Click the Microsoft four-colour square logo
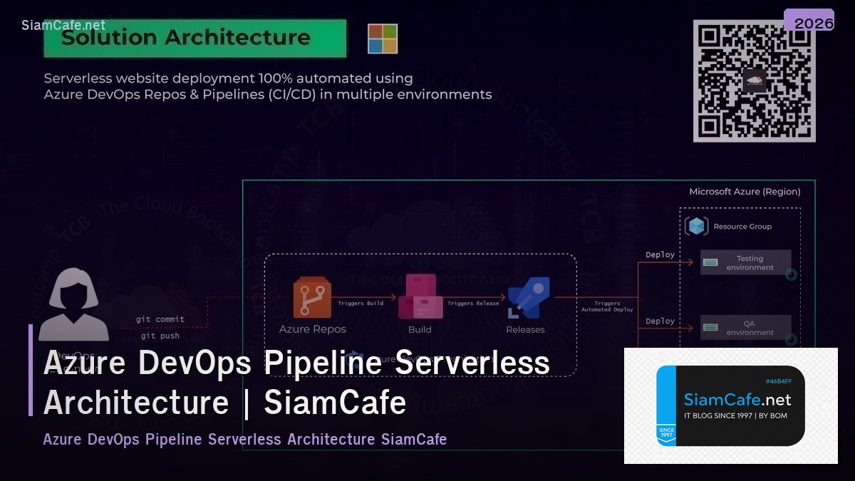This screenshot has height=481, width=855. [x=383, y=38]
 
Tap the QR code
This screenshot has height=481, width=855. [x=755, y=81]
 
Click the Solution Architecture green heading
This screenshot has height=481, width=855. [x=195, y=38]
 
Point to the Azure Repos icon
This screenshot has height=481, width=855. [x=312, y=298]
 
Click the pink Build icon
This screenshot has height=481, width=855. [x=420, y=296]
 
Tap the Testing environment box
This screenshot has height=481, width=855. [x=745, y=263]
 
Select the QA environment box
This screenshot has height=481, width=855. [x=745, y=328]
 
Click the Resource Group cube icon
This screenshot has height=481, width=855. [x=697, y=226]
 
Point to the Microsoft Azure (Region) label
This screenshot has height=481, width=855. [x=745, y=192]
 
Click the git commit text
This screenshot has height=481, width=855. [x=160, y=319]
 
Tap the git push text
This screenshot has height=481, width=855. [x=160, y=336]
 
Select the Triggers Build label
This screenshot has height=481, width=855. [x=361, y=304]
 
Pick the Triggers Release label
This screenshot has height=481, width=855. [x=473, y=304]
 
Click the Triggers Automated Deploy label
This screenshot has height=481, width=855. [x=607, y=306]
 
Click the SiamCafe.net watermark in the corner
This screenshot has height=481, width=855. [x=63, y=26]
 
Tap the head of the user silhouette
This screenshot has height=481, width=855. [x=73, y=293]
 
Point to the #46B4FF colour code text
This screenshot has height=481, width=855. [x=779, y=381]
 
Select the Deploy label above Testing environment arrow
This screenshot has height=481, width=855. [x=660, y=254]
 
